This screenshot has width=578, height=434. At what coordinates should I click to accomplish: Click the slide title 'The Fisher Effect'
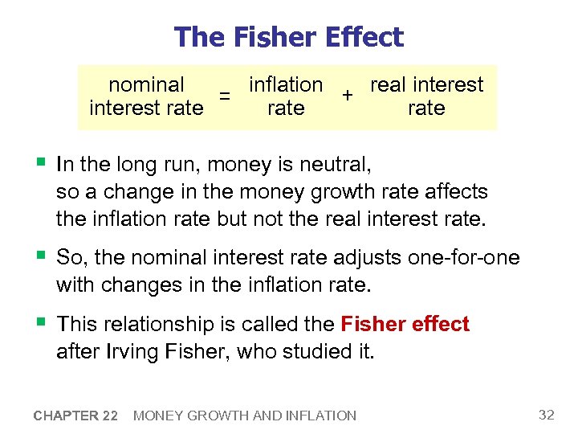tap(288, 37)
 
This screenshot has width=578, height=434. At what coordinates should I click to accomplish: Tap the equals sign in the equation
tap(226, 96)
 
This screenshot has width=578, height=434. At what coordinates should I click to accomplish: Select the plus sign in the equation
tap(347, 96)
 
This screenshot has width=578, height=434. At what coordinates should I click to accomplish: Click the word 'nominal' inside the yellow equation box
tap(146, 84)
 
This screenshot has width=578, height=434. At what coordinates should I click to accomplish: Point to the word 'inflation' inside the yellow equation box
tap(286, 84)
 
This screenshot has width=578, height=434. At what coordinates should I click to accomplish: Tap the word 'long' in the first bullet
tap(140, 166)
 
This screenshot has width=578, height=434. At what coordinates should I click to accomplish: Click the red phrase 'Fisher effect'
tap(405, 324)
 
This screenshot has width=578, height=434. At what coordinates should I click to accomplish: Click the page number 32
tap(547, 415)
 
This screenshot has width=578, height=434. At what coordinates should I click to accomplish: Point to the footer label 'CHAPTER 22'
tap(76, 416)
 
